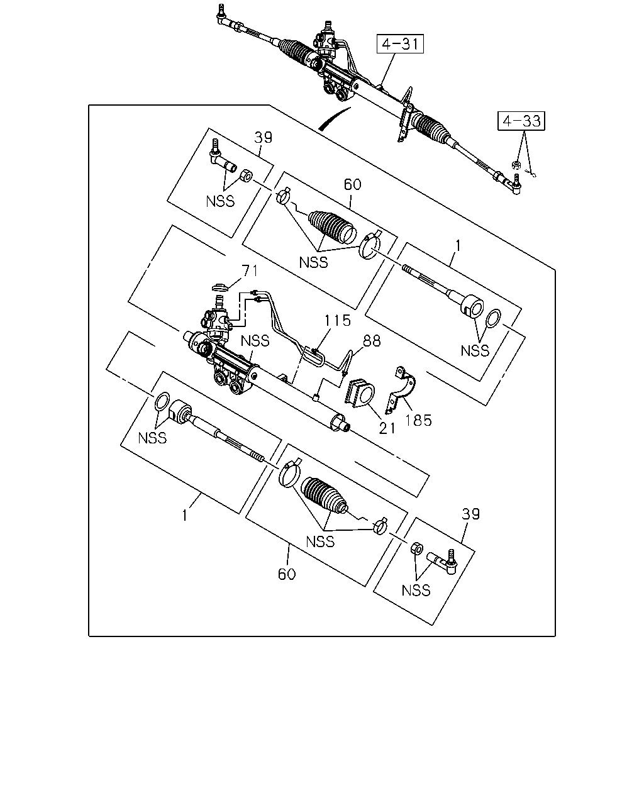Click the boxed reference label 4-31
399,44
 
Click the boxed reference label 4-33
521,121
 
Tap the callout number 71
250,270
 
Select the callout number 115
337,320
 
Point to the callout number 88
372,340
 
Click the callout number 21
387,429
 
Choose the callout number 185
418,421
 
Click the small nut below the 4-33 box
516,164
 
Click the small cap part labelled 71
220,287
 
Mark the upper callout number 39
263,138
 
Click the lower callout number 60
287,574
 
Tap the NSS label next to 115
255,341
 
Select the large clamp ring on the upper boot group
370,245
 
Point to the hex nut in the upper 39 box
245,175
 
